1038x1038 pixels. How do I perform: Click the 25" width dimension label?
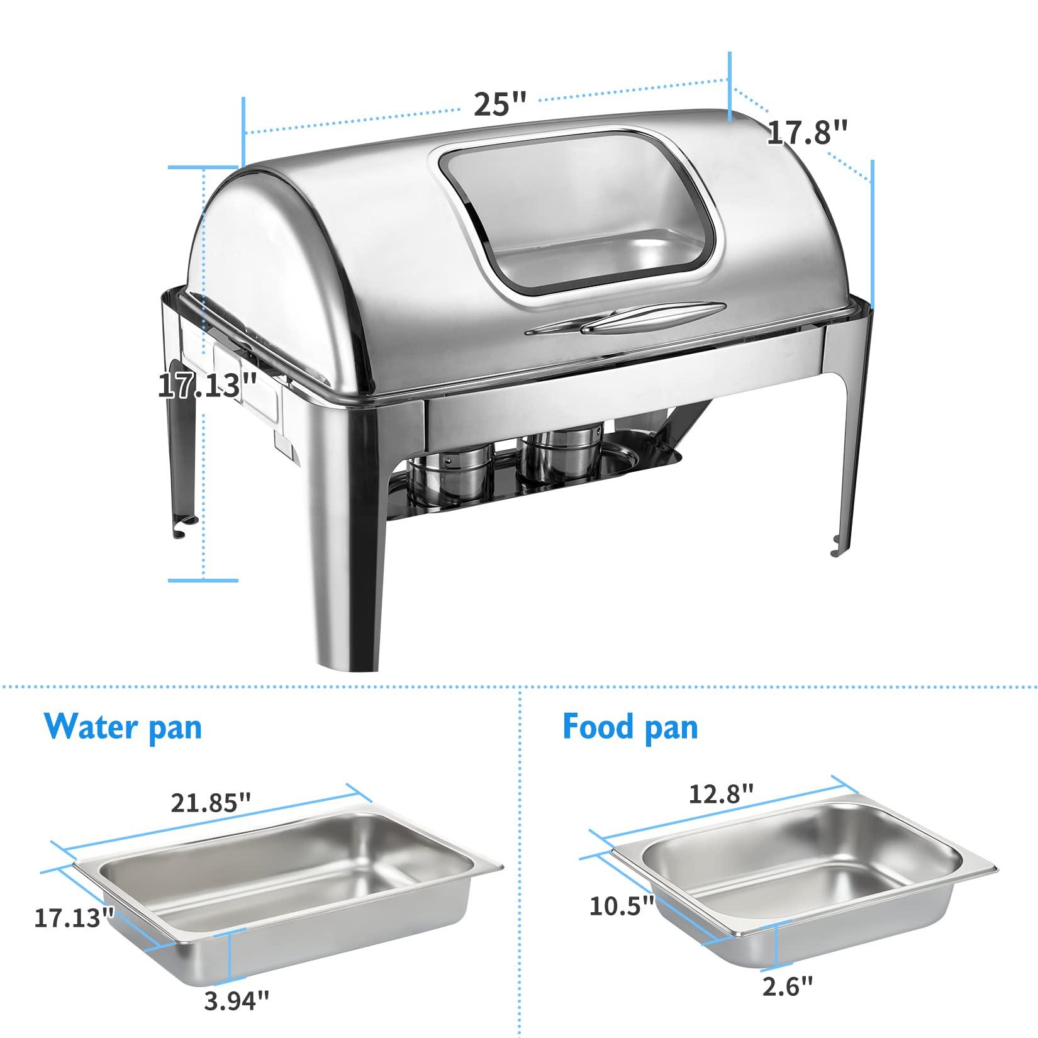pyautogui.click(x=499, y=104)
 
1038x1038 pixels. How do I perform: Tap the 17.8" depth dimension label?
pyautogui.click(x=808, y=133)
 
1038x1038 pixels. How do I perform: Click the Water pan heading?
pyautogui.click(x=123, y=727)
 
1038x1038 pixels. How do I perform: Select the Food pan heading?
pyautogui.click(x=630, y=727)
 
